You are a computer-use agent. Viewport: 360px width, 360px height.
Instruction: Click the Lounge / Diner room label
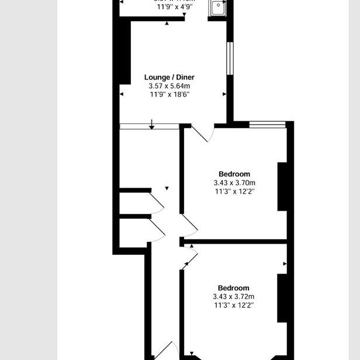click(169, 77)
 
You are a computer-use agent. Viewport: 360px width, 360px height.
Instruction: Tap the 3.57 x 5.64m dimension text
click(169, 85)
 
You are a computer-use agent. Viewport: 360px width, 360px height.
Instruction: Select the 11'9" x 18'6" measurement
click(169, 94)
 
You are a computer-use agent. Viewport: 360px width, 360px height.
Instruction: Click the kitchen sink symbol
click(218, 7)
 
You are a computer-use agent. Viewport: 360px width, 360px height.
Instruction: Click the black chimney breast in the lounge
click(123, 50)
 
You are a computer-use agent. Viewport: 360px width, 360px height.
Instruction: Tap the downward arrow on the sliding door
click(151, 124)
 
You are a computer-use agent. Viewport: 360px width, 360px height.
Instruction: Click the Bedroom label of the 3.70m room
click(234, 174)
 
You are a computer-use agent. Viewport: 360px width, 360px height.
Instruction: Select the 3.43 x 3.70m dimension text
click(234, 182)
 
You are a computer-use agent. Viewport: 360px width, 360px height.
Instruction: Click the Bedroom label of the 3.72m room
click(233, 288)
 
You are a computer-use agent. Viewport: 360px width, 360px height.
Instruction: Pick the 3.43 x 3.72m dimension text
click(233, 296)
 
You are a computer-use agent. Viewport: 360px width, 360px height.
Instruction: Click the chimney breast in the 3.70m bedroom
click(282, 186)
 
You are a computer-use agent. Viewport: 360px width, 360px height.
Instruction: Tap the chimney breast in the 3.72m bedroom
click(282, 298)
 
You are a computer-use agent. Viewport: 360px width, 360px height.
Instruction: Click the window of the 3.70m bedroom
click(267, 123)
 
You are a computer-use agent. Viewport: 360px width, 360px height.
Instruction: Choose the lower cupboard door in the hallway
click(157, 230)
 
